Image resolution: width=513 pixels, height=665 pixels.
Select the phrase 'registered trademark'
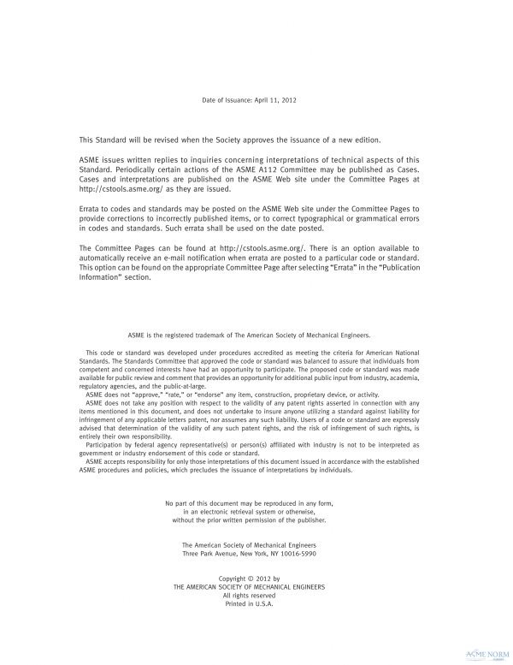pos(207,336)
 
